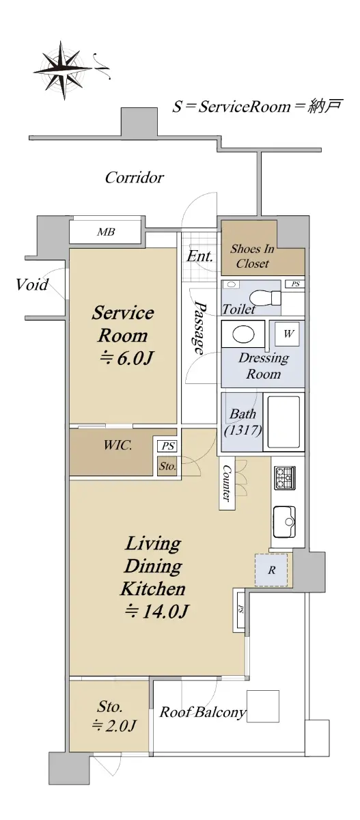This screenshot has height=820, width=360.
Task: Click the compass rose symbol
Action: [63, 70]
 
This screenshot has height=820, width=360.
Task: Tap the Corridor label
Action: [134, 178]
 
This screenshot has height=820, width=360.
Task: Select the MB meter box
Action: [105, 232]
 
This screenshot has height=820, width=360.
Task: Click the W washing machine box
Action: [289, 333]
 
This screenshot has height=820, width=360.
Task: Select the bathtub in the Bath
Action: [283, 422]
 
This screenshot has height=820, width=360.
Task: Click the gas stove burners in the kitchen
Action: [285, 478]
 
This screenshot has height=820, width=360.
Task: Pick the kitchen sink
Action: [284, 521]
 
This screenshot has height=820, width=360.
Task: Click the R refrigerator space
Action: [271, 570]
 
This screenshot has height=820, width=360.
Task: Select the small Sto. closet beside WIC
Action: [167, 466]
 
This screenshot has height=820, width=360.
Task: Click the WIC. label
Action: [117, 445]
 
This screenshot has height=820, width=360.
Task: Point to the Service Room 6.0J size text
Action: [126, 358]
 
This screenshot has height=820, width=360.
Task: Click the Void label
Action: [32, 284]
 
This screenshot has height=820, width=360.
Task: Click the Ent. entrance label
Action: [199, 256]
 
